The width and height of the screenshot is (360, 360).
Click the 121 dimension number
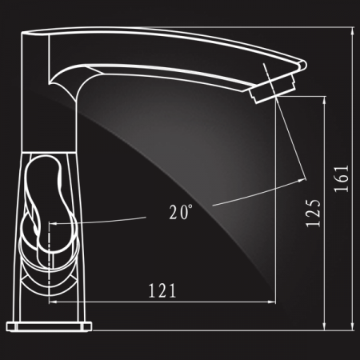click(162, 290)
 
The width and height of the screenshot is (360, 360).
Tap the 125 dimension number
click(313, 213)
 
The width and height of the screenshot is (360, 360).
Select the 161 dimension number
click(342, 178)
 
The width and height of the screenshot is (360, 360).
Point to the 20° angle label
click(181, 212)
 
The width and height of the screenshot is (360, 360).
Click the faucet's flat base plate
click(49, 326)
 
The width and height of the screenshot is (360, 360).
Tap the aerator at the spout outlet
click(273, 89)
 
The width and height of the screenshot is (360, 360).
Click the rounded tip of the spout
click(303, 65)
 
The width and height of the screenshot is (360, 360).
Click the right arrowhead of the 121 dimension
click(272, 302)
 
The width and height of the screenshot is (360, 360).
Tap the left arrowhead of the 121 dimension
click(53, 302)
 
